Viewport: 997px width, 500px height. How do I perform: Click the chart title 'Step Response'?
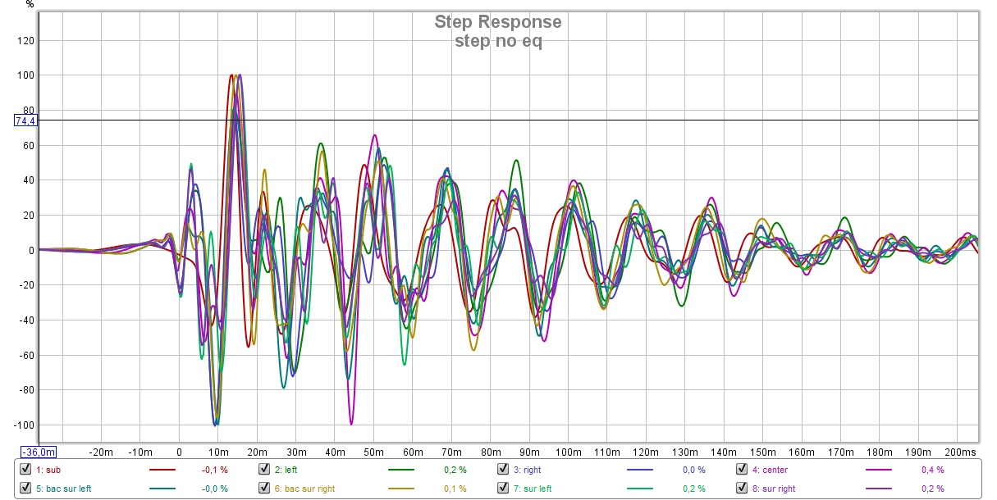[498, 22]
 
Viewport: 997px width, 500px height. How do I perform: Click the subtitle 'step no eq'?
[498, 42]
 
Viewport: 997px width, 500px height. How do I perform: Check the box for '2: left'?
[264, 470]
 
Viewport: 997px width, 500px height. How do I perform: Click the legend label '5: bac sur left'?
[64, 489]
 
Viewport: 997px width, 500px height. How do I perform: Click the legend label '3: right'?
[528, 470]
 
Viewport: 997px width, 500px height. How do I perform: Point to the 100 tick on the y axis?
[30, 75]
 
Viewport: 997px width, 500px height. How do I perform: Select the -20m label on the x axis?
[101, 452]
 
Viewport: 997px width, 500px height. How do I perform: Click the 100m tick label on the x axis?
[568, 452]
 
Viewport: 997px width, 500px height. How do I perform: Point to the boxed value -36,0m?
[39, 452]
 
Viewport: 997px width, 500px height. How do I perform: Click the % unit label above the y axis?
[30, 5]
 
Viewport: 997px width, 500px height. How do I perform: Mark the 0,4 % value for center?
[932, 470]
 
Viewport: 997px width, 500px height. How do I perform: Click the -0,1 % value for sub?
[214, 470]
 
